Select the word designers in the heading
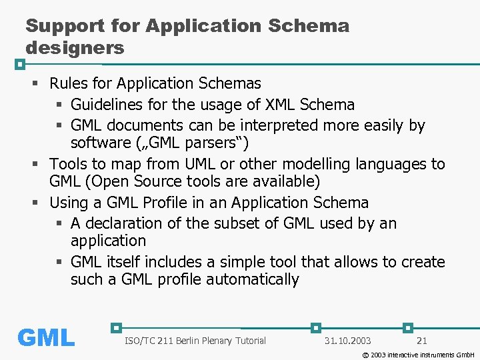pos(75,48)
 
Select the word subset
pos(232,223)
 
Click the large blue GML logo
pos(46,338)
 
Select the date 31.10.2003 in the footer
pos(347,341)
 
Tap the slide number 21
pos(421,341)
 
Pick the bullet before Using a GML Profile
pos(36,203)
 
